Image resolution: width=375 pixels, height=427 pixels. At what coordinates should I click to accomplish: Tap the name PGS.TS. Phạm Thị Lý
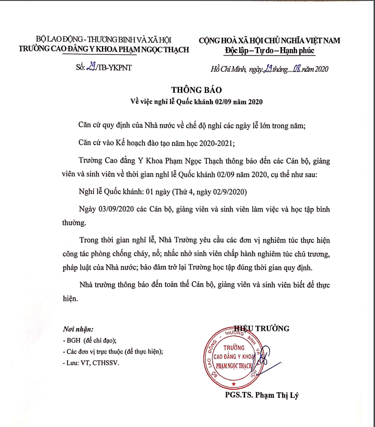pos(261,395)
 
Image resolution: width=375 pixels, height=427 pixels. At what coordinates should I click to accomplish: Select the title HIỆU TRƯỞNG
pos(262,328)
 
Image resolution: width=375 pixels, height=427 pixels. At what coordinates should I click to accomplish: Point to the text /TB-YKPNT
pos(114,68)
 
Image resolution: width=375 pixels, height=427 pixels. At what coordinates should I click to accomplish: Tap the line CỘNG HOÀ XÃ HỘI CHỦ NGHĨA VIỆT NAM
pos(269,41)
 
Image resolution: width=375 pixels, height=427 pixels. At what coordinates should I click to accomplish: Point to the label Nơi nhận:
pos(78,329)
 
